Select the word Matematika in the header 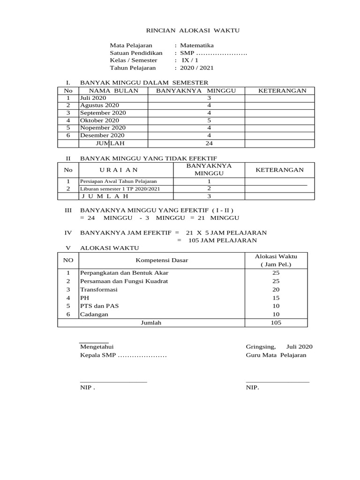tap(197, 45)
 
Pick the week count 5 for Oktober tap(209, 120)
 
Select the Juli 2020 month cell tap(93, 98)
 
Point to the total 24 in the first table tap(209, 143)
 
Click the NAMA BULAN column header tap(113, 90)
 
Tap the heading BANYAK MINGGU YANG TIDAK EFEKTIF tap(149, 159)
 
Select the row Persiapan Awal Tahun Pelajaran tap(119, 181)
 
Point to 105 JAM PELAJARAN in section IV tap(223, 240)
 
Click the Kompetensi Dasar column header tap(162, 260)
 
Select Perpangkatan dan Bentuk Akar tap(124, 273)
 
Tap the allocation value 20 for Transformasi tap(276, 290)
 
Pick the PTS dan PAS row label tap(99, 306)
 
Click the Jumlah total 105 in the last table tap(276, 322)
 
